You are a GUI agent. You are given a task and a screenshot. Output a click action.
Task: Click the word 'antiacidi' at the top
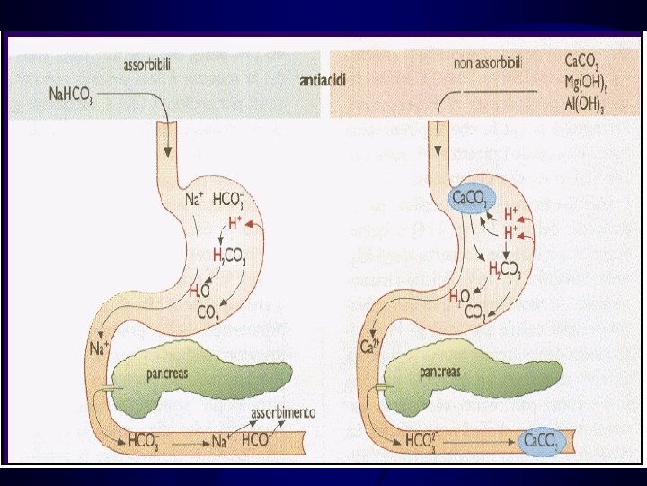[323, 79]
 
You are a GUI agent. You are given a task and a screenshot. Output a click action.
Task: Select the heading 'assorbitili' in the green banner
[149, 66]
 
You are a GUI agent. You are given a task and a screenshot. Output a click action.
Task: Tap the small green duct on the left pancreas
[108, 388]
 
